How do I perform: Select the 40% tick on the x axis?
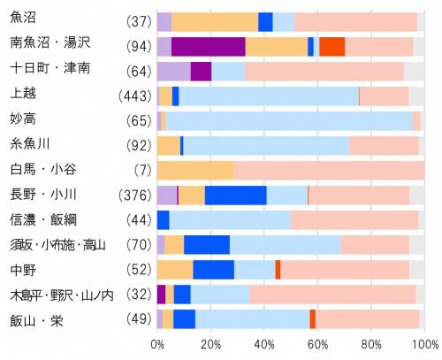[x=263, y=343]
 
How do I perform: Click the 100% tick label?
[x=423, y=343]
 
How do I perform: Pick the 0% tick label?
[x=156, y=343]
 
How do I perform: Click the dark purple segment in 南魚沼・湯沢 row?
[x=208, y=47]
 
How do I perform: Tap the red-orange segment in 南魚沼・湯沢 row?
[x=331, y=47]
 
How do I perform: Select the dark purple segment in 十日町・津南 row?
[x=201, y=72]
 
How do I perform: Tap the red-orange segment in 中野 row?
[x=278, y=270]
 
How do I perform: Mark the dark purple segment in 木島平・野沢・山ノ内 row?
[x=161, y=295]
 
